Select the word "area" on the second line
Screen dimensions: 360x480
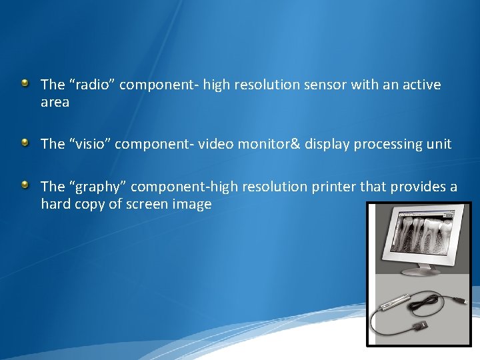tap(55, 103)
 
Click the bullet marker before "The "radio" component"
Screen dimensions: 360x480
tap(25, 83)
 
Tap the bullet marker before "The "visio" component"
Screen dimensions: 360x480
tap(25, 142)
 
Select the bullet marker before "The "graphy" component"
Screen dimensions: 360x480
tap(25, 185)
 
